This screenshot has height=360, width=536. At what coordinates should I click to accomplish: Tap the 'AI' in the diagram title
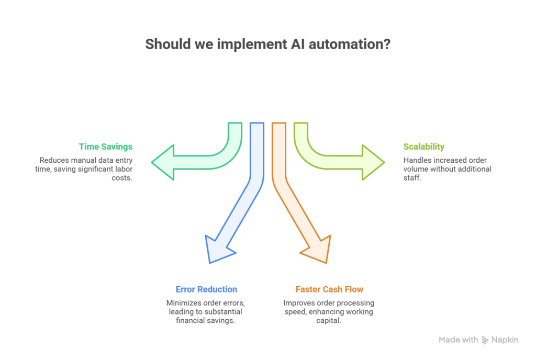click(x=298, y=44)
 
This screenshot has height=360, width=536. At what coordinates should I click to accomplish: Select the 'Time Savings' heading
click(x=106, y=147)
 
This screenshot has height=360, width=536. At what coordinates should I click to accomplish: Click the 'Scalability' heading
click(x=424, y=147)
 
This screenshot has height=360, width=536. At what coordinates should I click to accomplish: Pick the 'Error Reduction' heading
click(x=206, y=289)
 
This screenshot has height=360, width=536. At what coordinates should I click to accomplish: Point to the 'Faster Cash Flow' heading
click(x=329, y=289)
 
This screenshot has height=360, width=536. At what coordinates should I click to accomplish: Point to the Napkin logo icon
click(x=485, y=340)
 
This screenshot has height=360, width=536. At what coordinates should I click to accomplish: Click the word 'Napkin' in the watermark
click(x=505, y=340)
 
